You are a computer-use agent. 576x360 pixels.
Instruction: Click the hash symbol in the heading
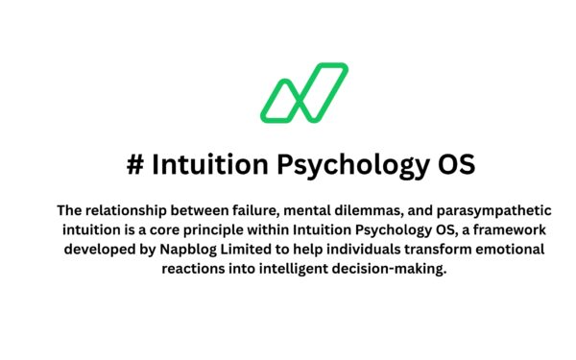(134, 165)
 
